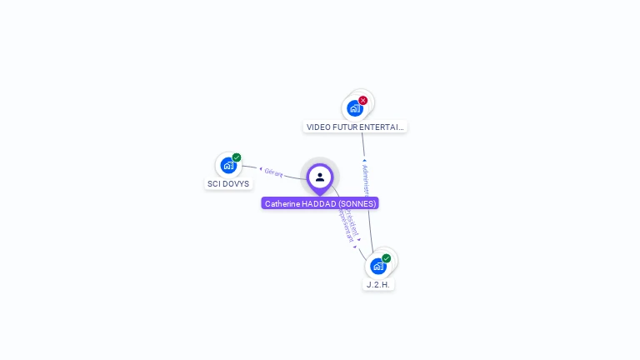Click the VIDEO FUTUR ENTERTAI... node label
click(355, 127)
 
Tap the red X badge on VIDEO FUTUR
click(363, 101)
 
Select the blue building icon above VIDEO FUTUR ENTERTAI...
click(355, 108)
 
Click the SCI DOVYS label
click(228, 184)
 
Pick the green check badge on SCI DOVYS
click(237, 157)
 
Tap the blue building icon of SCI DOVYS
click(228, 165)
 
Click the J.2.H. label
click(378, 285)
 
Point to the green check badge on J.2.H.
click(387, 258)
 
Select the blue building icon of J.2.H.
click(378, 266)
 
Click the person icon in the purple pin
click(320, 177)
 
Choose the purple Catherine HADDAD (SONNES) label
click(320, 203)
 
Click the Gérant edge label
click(273, 172)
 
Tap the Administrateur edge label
click(367, 180)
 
